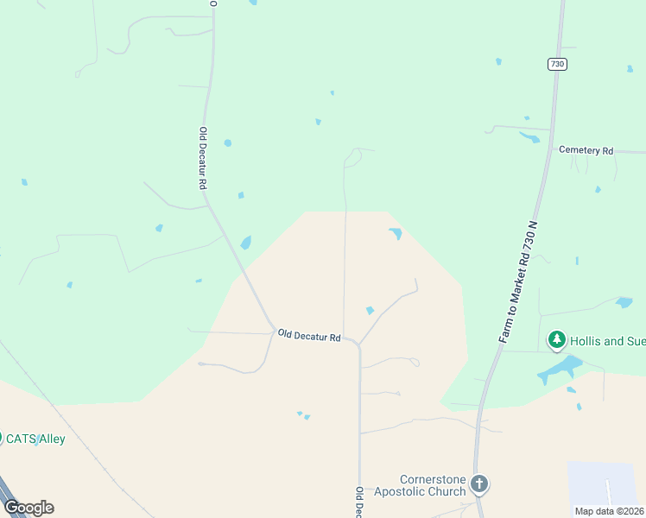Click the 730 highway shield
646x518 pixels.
tap(557, 64)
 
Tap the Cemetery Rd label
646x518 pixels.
tap(586, 150)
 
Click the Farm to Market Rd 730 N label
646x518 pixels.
tap(518, 281)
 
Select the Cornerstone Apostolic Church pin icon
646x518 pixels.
tap(479, 484)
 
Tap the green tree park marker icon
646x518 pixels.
tap(557, 340)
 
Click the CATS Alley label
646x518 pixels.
tap(35, 439)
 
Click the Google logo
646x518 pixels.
tap(28, 508)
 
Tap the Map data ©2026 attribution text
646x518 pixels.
tap(609, 511)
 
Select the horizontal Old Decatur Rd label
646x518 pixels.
tap(309, 336)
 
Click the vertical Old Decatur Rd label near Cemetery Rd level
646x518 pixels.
tap(203, 158)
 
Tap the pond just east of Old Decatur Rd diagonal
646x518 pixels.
tap(246, 243)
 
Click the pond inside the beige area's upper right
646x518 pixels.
tap(396, 233)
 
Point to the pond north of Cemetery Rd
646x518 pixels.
tap(529, 137)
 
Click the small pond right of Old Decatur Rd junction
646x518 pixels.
tap(370, 311)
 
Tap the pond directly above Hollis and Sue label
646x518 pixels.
tap(624, 302)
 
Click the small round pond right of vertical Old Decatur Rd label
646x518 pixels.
tap(228, 142)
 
